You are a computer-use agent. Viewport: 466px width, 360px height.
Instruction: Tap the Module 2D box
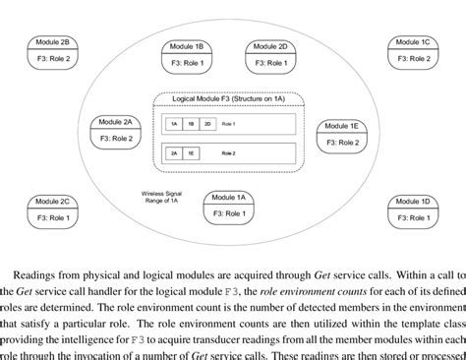point(268,54)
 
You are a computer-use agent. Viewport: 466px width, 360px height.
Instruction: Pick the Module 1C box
point(412,51)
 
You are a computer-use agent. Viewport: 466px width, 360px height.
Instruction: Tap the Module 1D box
point(411,209)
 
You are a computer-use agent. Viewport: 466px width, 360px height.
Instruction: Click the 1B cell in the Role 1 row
point(190,125)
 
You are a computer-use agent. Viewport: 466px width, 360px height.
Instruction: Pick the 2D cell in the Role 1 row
point(207,125)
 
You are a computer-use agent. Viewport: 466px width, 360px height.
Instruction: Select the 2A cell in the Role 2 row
point(173,153)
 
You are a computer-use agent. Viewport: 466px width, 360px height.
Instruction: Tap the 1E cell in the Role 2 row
point(190,153)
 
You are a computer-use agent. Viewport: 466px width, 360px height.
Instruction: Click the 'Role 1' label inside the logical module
point(229,125)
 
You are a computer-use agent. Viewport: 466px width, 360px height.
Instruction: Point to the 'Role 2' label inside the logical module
point(229,153)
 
